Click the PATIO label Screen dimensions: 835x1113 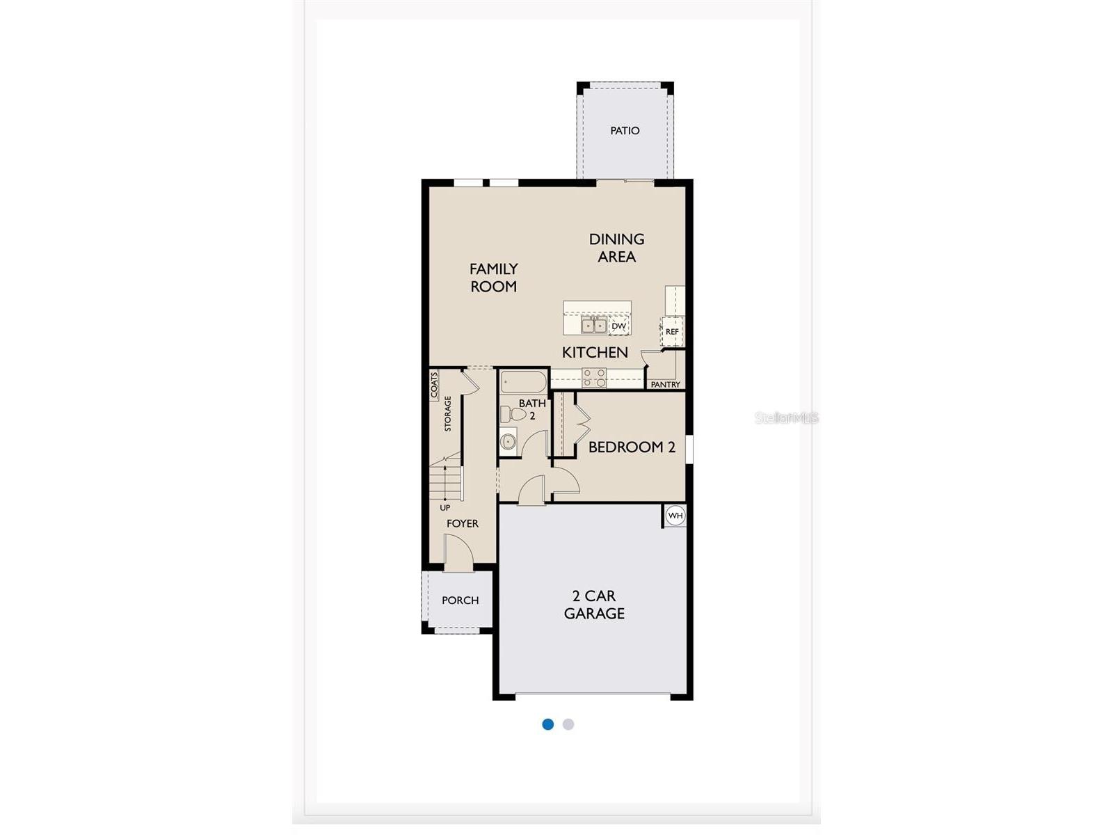[x=625, y=131]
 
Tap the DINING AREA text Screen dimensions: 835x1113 [x=616, y=248]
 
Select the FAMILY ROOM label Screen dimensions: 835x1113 [x=494, y=277]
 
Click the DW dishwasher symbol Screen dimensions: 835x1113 [x=619, y=326]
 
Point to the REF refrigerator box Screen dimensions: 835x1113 [x=672, y=331]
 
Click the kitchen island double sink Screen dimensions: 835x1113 [x=593, y=325]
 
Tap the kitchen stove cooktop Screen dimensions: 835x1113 [x=594, y=378]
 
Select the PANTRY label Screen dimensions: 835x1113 [x=666, y=384]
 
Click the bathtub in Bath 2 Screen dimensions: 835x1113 [x=523, y=381]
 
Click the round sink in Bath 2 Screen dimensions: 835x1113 [x=509, y=441]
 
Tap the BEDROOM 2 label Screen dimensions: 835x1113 [x=632, y=447]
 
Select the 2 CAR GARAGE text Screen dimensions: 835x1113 [x=594, y=605]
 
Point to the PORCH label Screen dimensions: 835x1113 [x=461, y=600]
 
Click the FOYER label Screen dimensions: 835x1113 [x=463, y=523]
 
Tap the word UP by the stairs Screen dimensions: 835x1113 [x=445, y=507]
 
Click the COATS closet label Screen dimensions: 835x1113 [x=434, y=385]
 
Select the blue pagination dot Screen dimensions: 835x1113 [x=548, y=724]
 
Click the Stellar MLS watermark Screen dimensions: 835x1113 [x=787, y=418]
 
